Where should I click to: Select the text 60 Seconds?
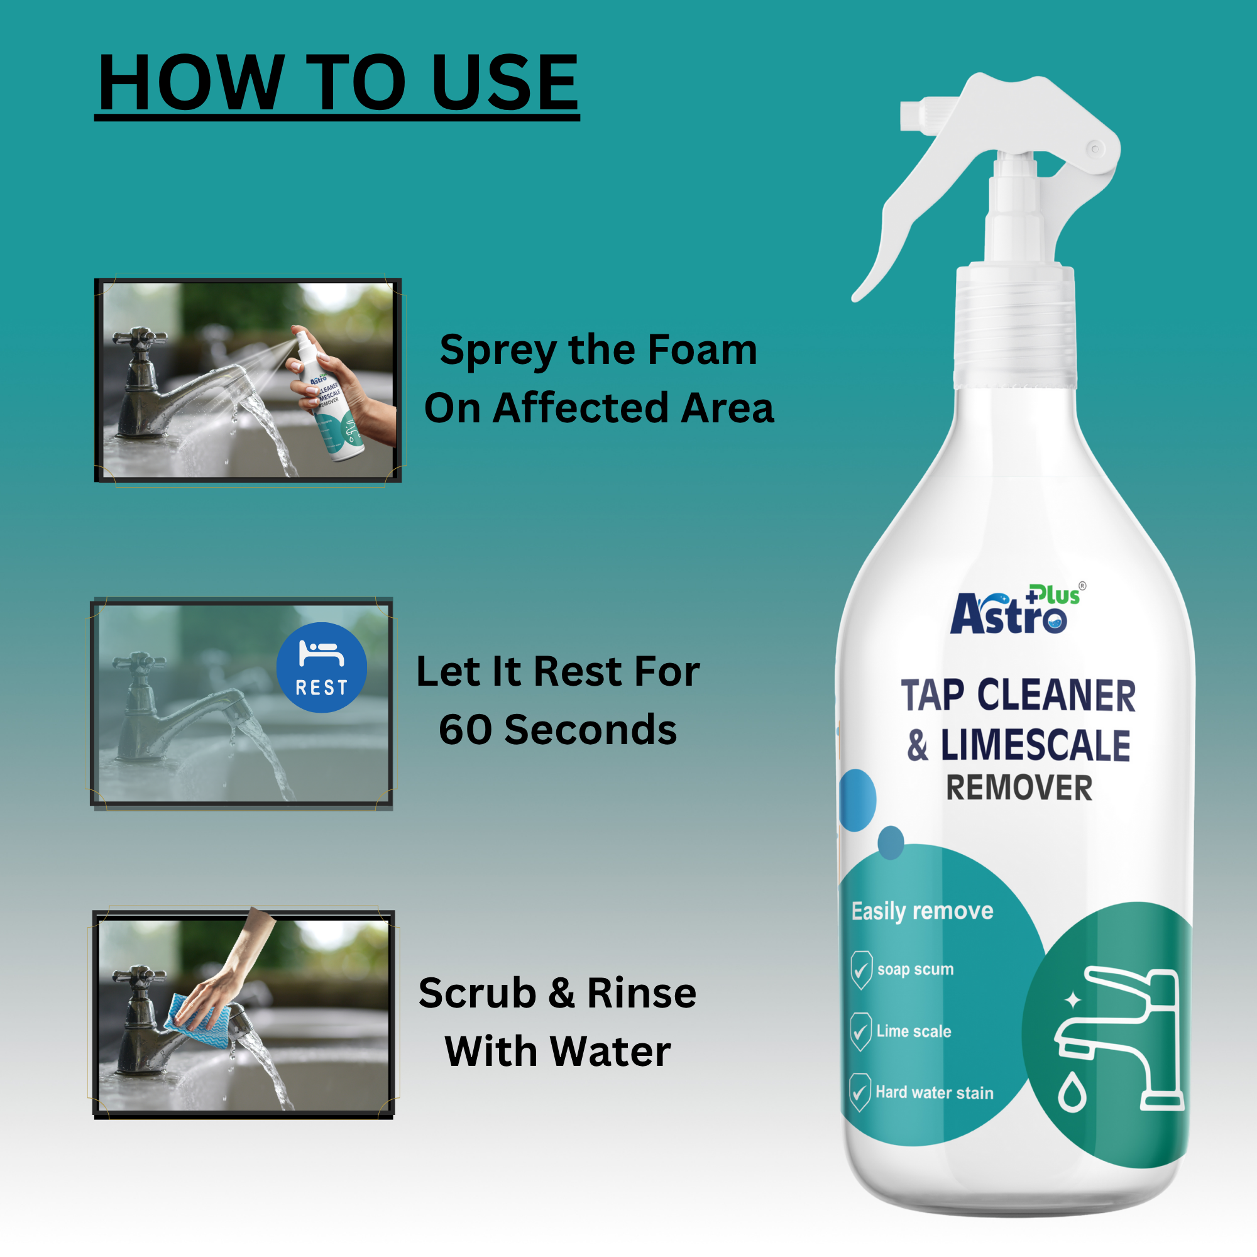click(557, 729)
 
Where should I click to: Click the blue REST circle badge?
click(321, 667)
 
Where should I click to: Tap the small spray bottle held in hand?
click(329, 397)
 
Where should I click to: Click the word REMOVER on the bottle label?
click(1019, 788)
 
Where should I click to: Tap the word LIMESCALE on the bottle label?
click(1035, 745)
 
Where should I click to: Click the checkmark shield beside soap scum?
click(861, 970)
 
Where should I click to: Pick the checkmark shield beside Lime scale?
click(860, 1032)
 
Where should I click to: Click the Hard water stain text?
click(935, 1092)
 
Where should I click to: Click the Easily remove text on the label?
click(922, 911)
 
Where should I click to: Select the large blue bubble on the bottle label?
click(857, 800)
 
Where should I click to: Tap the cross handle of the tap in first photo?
click(138, 338)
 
